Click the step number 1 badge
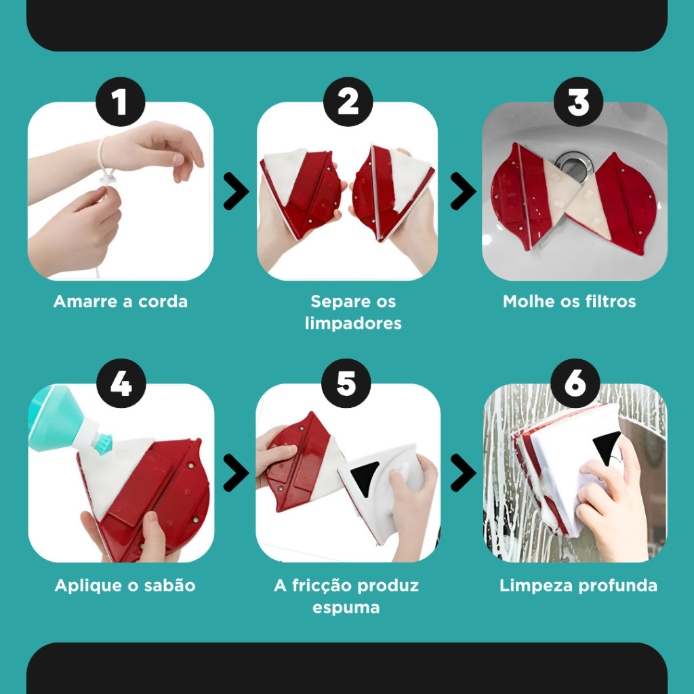tap(121, 102)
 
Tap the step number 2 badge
tap(348, 102)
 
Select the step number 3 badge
tap(578, 102)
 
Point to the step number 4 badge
tap(121, 384)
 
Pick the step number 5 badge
tap(346, 384)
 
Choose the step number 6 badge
tap(575, 384)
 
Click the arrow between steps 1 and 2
tap(237, 191)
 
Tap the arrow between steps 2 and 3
tap(464, 191)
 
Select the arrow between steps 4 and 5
tap(237, 472)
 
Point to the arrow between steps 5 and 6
tap(464, 472)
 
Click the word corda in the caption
tap(163, 302)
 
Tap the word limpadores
tap(353, 323)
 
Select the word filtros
tap(611, 302)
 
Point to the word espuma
tap(346, 608)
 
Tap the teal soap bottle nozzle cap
tap(103, 444)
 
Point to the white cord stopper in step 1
tap(108, 178)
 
